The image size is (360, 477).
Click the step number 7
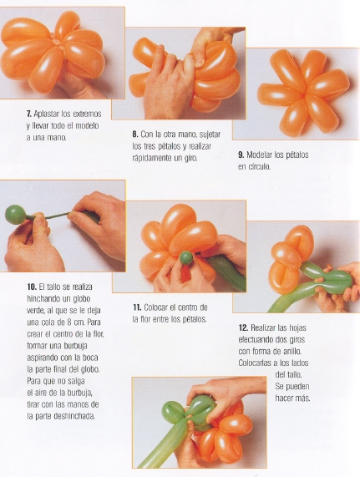(29, 114)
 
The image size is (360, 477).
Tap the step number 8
(135, 134)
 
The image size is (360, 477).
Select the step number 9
(241, 155)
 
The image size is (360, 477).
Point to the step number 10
(32, 287)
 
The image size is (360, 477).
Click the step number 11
(137, 307)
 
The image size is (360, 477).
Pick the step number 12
(243, 328)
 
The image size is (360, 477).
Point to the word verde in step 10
(35, 311)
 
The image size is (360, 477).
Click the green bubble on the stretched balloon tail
(15, 214)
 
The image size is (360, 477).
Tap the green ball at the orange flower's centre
(186, 258)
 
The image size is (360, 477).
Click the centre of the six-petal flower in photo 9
(305, 93)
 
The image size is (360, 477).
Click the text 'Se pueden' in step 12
(292, 387)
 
